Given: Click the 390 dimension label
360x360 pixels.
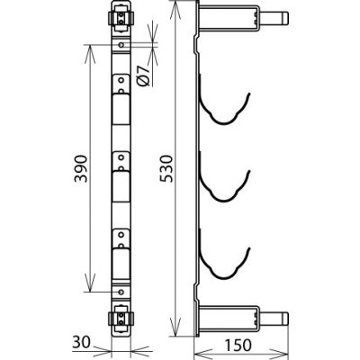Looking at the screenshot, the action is pyautogui.click(x=81, y=168).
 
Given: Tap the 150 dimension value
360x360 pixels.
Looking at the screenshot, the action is pyautogui.click(x=238, y=345).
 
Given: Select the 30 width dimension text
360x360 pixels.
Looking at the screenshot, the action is pyautogui.click(x=81, y=342).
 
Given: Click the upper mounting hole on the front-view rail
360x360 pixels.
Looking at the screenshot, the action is pyautogui.click(x=121, y=45).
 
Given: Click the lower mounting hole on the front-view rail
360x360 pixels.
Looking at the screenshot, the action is pyautogui.click(x=121, y=292).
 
